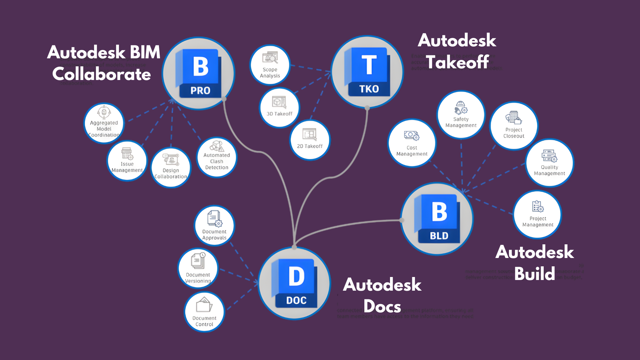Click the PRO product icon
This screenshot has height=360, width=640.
pyautogui.click(x=199, y=74)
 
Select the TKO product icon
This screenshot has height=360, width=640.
pyautogui.click(x=367, y=72)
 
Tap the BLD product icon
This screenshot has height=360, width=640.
pyautogui.click(x=437, y=219)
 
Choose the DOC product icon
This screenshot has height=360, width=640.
pyautogui.click(x=294, y=283)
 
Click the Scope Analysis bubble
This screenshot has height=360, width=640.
pyautogui.click(x=270, y=65)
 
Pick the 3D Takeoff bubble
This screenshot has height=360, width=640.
pyautogui.click(x=279, y=107)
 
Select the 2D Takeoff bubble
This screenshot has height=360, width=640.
pyautogui.click(x=310, y=140)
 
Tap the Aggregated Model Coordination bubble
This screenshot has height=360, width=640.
pyautogui.click(x=104, y=123)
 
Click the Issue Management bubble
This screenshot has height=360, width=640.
pyautogui.click(x=127, y=161)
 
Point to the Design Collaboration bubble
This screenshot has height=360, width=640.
pyautogui.click(x=171, y=167)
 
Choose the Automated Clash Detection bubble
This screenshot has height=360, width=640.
pyautogui.click(x=217, y=157)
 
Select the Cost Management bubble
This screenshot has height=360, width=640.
pyautogui.click(x=412, y=143)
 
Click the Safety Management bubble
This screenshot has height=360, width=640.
pyautogui.click(x=461, y=115)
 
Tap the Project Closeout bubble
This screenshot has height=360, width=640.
pyautogui.click(x=514, y=126)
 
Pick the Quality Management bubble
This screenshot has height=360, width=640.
pyautogui.click(x=549, y=163)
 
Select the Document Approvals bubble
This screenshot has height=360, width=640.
pyautogui.click(x=214, y=226)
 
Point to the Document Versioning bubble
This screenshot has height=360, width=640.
pyautogui.click(x=198, y=268)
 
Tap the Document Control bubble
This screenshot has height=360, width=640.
pyautogui.click(x=204, y=312)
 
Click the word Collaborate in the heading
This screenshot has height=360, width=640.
pyautogui.click(x=102, y=74)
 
